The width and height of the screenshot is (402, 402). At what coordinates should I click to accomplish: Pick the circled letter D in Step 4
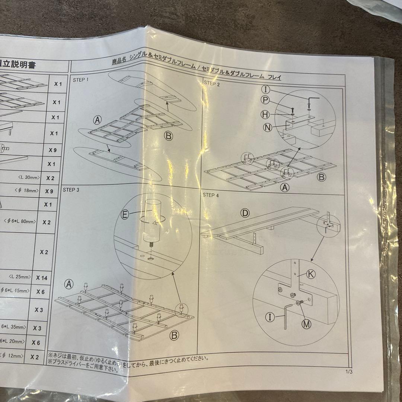tap(245, 213)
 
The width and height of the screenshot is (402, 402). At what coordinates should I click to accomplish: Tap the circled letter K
tap(311, 274)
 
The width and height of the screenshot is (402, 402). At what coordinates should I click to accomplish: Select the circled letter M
tap(306, 324)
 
